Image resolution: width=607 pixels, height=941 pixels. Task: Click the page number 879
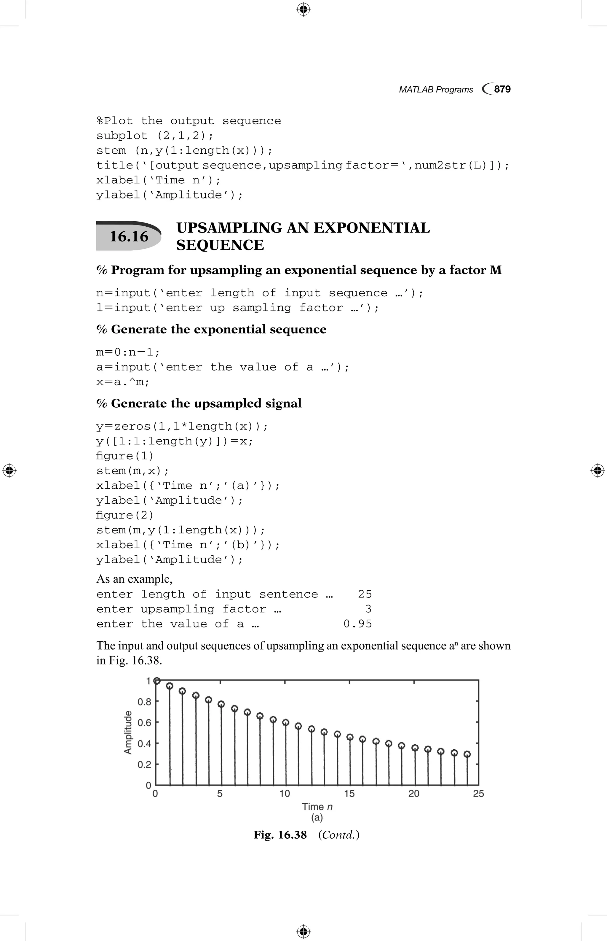coord(502,89)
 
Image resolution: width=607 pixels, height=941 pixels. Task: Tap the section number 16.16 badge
coord(129,236)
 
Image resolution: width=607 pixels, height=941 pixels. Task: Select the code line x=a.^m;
coord(123,382)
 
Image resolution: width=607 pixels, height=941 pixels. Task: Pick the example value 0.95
coord(357,624)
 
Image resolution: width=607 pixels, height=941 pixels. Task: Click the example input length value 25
coord(365,594)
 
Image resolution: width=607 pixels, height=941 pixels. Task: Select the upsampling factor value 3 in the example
coord(368,609)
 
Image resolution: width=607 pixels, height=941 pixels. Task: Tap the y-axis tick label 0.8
coord(144,702)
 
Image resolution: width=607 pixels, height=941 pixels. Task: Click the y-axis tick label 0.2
coord(144,764)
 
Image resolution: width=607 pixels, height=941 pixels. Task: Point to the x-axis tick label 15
coord(349,794)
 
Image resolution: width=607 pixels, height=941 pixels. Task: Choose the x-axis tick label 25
coord(478,794)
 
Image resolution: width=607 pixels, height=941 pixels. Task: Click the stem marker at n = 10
coord(286,722)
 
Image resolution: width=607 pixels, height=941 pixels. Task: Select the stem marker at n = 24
coord(467,754)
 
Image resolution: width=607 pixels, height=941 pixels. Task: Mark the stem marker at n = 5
coord(221,704)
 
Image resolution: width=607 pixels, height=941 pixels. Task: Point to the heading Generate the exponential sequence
coord(218,330)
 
